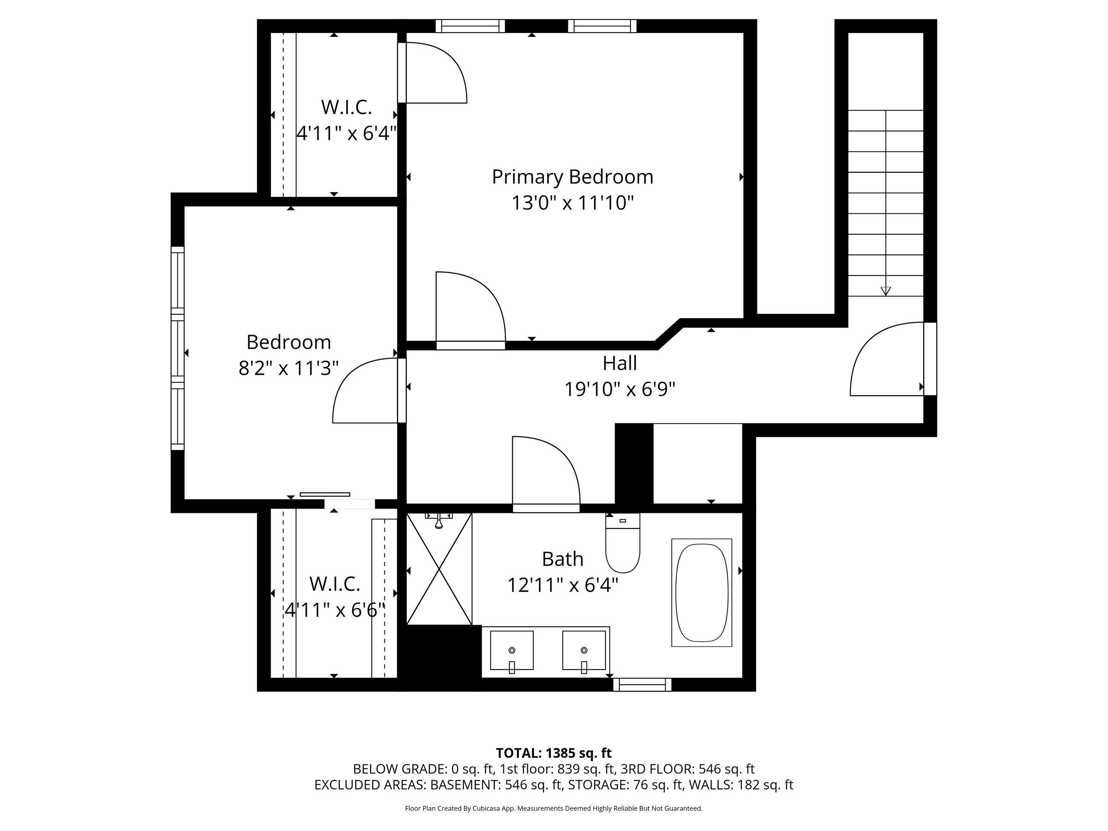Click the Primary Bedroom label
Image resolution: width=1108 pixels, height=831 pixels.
(573, 178)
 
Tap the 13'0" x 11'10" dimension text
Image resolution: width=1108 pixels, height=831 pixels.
(573, 203)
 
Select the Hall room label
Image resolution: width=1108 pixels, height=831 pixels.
(620, 363)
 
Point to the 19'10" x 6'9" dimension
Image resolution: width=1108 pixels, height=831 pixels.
(620, 389)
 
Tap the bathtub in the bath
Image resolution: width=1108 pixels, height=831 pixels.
(701, 593)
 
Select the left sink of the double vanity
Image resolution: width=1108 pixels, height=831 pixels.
(512, 651)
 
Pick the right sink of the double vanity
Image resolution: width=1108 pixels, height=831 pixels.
(584, 651)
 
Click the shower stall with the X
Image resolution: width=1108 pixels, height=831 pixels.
(439, 569)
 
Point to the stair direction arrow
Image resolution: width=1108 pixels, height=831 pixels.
(886, 290)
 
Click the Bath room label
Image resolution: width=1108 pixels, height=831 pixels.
(563, 559)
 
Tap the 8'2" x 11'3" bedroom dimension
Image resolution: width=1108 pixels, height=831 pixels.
(289, 368)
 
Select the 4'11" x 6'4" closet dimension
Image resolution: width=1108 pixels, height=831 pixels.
(347, 134)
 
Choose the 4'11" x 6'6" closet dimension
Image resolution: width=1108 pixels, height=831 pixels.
(335, 611)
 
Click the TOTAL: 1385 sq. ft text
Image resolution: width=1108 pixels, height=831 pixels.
(554, 753)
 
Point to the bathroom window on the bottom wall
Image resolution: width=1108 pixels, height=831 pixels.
(642, 684)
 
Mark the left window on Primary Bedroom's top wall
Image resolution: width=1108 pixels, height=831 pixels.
(470, 26)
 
